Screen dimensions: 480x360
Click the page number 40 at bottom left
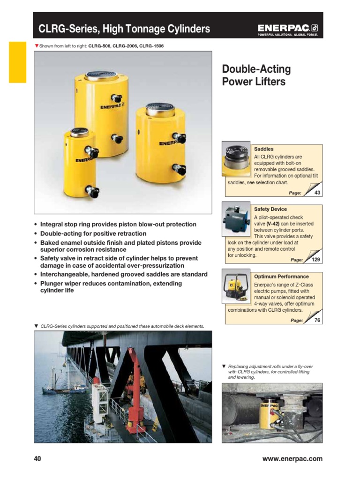click(37, 459)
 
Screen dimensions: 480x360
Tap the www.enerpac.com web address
click(292, 459)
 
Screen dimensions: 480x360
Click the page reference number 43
click(317, 193)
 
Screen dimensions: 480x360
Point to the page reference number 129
click(316, 260)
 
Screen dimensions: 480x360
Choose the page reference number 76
click(317, 320)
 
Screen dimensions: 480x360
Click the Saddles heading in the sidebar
click(263, 149)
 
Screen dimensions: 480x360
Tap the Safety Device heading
click(270, 209)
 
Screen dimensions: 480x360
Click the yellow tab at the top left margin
click(17, 62)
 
